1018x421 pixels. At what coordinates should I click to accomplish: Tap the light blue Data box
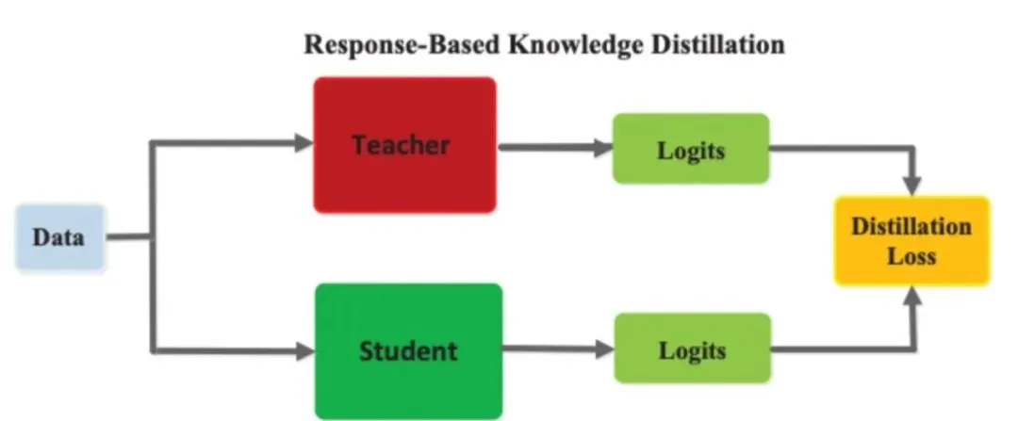(x=58, y=236)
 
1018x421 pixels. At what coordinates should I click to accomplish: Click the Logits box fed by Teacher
(x=690, y=148)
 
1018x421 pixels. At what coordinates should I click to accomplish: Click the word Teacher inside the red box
(x=401, y=145)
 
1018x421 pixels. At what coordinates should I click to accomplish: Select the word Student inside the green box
(x=407, y=351)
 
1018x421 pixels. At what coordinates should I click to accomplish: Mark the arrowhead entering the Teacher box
(x=303, y=144)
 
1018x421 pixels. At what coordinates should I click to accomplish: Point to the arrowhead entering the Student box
(x=304, y=351)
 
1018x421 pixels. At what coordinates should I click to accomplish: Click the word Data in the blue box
(x=58, y=236)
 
